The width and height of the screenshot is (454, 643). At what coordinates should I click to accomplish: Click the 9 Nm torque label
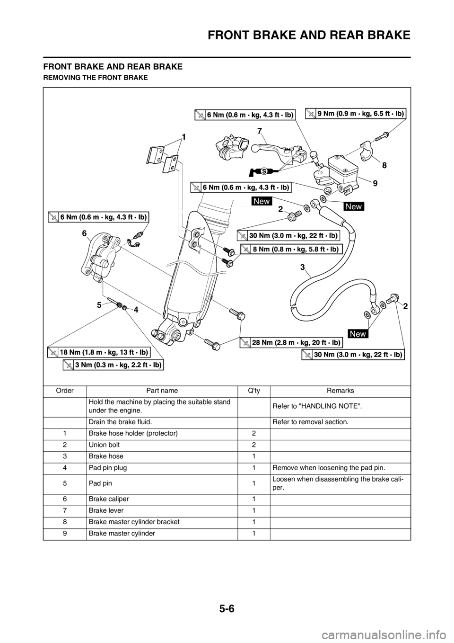tap(355, 114)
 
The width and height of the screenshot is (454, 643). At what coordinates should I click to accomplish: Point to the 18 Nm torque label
tap(99, 352)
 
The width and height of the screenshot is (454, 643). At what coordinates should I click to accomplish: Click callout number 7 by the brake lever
tap(260, 130)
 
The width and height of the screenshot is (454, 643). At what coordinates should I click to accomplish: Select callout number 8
tap(384, 166)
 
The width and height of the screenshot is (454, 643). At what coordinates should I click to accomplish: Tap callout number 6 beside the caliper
tap(84, 233)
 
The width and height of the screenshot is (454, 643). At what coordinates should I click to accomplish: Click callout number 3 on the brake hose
tap(302, 268)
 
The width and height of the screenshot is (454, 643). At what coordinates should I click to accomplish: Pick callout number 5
tap(99, 305)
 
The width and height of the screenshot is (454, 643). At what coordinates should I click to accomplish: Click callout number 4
tap(136, 310)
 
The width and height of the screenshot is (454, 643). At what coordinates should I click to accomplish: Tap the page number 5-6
tap(227, 609)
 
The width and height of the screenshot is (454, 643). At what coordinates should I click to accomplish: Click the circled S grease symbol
tap(265, 170)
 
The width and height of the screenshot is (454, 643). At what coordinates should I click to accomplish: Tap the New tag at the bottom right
tap(358, 334)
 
